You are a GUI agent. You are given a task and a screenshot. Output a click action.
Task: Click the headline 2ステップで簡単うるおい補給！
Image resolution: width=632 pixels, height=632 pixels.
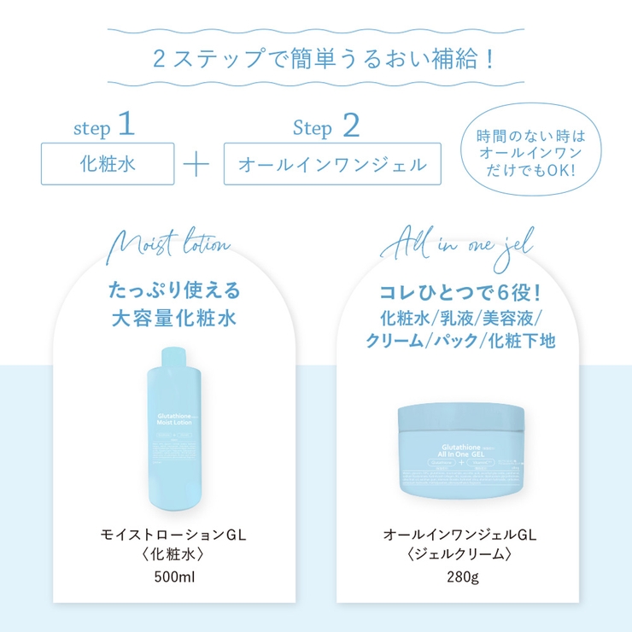coord(315,61)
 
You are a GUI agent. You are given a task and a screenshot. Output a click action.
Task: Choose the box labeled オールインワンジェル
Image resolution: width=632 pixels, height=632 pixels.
coord(333,164)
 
